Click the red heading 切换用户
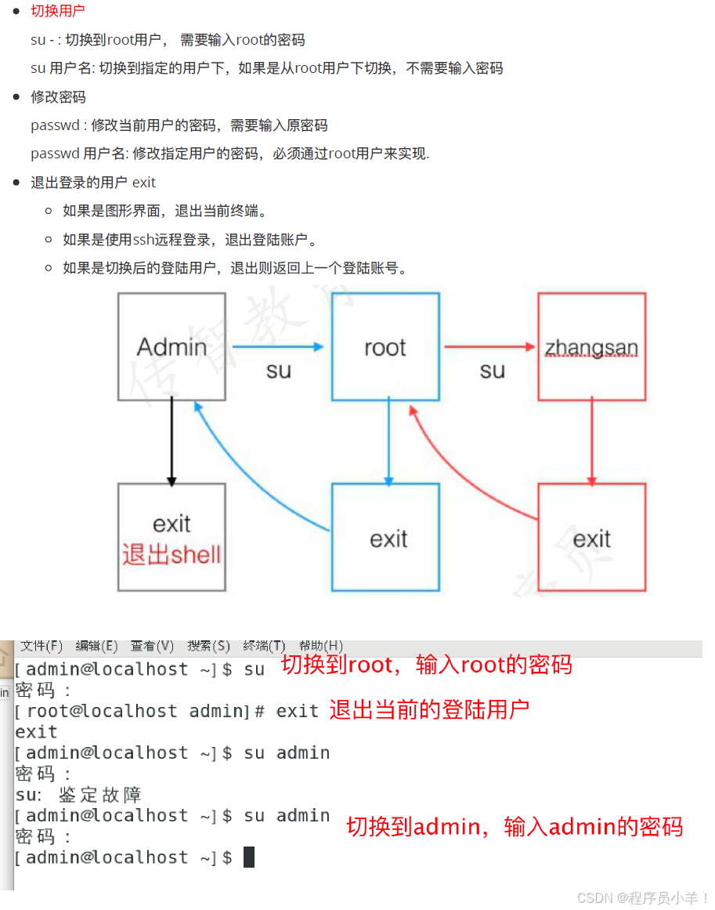pos(57,11)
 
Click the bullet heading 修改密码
pos(58,97)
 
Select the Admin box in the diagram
pos(172,346)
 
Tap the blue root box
pos(385,346)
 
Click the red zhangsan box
pos(591,346)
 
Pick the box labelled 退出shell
pos(172,537)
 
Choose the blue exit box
pos(385,537)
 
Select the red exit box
pos(591,537)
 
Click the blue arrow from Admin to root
pos(278,346)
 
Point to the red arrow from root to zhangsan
pos(490,346)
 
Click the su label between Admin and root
pos(278,370)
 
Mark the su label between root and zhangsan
pos(492,370)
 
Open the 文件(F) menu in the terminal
pos(42,646)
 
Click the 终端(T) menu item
pos(264,646)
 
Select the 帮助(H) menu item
pos(321,646)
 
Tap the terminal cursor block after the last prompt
pos(249,857)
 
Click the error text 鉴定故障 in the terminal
pos(99,795)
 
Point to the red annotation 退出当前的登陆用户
pos(429,710)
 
